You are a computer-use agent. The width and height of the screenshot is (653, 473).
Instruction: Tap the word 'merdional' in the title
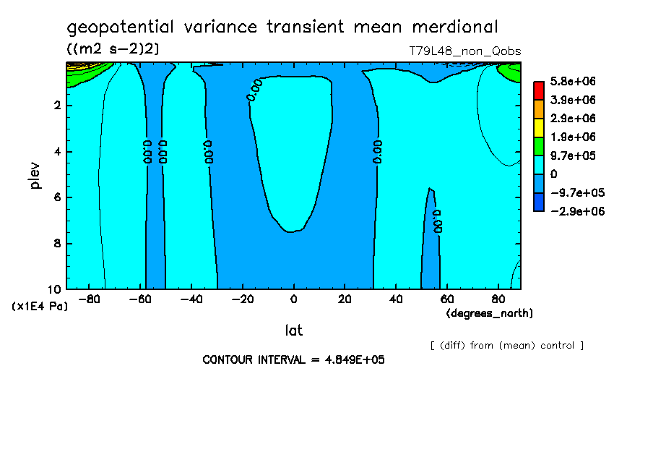pyautogui.click(x=455, y=27)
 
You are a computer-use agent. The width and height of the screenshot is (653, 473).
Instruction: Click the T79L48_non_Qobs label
pyautogui.click(x=465, y=51)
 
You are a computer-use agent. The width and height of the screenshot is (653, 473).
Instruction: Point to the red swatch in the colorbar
pyautogui.click(x=538, y=90)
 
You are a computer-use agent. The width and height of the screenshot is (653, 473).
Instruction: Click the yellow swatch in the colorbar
pyautogui.click(x=538, y=127)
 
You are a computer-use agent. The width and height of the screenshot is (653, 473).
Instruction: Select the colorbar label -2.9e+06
pyautogui.click(x=576, y=211)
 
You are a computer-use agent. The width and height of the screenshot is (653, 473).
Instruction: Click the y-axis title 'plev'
pyautogui.click(x=35, y=175)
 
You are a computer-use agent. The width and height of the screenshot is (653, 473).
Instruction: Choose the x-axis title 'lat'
pyautogui.click(x=293, y=331)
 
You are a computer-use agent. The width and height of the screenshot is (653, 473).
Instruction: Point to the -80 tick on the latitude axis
pyautogui.click(x=90, y=299)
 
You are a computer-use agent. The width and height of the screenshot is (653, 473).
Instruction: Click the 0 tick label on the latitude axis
pyautogui.click(x=293, y=299)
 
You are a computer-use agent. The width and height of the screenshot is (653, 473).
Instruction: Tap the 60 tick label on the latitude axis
pyautogui.click(x=446, y=299)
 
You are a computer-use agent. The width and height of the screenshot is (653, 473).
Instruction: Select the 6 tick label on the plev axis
pyautogui.click(x=57, y=197)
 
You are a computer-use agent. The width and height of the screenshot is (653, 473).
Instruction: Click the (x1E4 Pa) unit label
pyautogui.click(x=40, y=307)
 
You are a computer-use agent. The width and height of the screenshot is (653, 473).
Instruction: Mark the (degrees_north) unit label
pyautogui.click(x=490, y=313)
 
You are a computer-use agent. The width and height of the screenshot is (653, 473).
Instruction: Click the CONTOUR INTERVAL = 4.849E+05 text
pyautogui.click(x=293, y=359)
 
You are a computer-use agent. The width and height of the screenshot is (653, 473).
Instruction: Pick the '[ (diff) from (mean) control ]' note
pyautogui.click(x=506, y=345)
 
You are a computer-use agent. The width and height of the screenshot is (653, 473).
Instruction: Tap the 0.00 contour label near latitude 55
pyautogui.click(x=437, y=221)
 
